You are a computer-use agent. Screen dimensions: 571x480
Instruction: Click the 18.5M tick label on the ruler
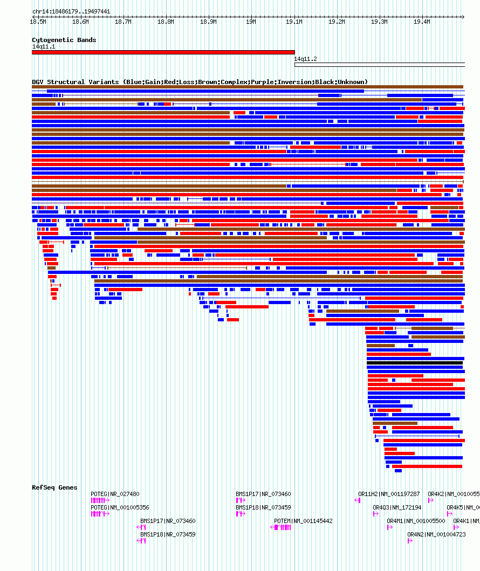(38, 22)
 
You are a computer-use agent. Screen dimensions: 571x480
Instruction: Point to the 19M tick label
(251, 22)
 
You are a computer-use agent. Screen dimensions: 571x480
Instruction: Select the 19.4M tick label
(422, 22)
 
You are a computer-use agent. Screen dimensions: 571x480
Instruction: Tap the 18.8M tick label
(166, 22)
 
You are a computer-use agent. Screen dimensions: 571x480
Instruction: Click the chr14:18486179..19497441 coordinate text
(71, 11)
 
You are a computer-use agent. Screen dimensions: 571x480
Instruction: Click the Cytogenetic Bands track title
(64, 40)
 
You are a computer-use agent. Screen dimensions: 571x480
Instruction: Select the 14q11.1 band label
(44, 46)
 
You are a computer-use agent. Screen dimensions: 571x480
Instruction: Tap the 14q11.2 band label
(305, 59)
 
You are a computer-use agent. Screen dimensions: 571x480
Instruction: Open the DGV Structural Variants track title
(200, 82)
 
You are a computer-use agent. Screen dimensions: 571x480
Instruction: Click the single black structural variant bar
(415, 363)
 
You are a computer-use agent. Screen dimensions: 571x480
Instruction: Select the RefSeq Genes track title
(54, 487)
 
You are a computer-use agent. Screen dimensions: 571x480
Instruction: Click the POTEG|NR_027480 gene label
(115, 494)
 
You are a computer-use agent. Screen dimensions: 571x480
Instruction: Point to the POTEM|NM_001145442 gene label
(303, 521)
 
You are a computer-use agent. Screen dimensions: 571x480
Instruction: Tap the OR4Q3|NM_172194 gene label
(397, 507)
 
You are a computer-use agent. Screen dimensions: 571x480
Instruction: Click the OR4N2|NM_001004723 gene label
(436, 534)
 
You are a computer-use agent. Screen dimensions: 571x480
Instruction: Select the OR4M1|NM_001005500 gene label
(416, 521)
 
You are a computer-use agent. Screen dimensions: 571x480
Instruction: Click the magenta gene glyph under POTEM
(281, 527)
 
